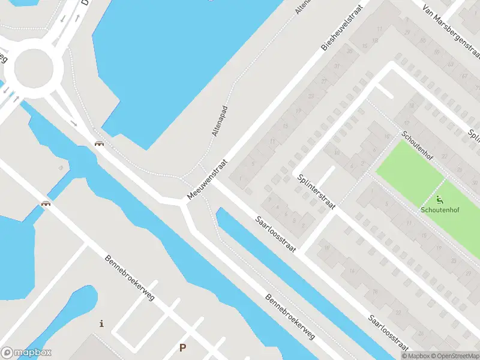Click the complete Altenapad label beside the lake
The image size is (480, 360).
tap(221, 120)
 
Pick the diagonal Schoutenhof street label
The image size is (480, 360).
tap(418, 147)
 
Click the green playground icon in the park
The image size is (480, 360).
tap(440, 200)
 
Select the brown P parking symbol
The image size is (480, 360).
tap(183, 347)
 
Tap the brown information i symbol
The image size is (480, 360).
tap(101, 324)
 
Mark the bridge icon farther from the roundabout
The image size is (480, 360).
tap(45, 203)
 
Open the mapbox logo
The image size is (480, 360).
tap(26, 353)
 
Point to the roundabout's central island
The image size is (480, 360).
tap(38, 71)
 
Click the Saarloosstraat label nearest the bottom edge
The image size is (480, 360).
tap(389, 334)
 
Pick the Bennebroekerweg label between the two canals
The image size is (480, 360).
tap(290, 318)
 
